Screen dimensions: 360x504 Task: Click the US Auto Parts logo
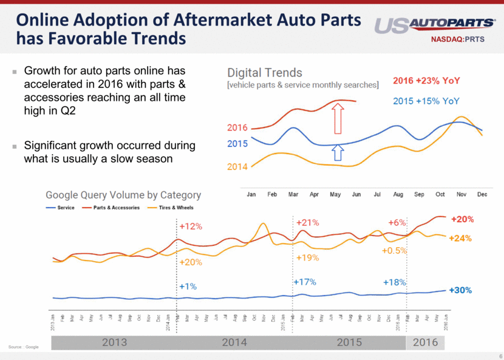[434, 24]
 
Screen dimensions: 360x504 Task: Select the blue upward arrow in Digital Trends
[338, 154]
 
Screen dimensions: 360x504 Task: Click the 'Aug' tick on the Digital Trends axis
[398, 195]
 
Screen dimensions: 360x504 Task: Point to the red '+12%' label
[191, 226]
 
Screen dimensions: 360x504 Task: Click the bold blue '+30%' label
[461, 290]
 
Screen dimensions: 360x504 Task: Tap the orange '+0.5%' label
[394, 250]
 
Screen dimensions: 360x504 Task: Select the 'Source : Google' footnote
[24, 347]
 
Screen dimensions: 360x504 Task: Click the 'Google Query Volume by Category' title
[123, 195]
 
